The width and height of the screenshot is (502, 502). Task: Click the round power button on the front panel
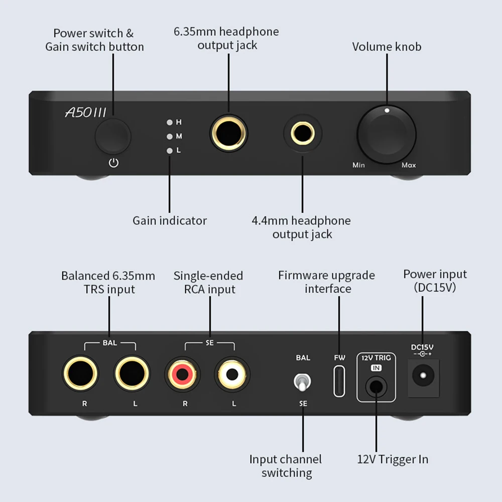[x=113, y=136]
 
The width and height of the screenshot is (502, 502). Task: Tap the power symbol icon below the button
[x=114, y=163]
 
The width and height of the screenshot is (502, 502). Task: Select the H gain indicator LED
[x=170, y=122]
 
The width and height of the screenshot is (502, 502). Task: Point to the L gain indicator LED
[x=170, y=150]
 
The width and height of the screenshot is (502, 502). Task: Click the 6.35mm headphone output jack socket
[x=228, y=133]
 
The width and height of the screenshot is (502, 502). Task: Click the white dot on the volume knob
[x=387, y=110]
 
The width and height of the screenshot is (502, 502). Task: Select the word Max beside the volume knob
[x=409, y=165]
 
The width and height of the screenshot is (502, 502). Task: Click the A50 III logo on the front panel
[x=86, y=112]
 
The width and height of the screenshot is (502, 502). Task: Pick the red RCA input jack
[x=183, y=374]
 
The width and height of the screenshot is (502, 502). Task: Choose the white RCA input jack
[x=232, y=374]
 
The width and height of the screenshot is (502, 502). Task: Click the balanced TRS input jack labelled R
[x=80, y=374]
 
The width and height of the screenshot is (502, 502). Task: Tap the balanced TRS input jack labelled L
[x=133, y=374]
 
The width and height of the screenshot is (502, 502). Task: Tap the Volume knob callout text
[x=387, y=47]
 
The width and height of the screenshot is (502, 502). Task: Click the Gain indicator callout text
[x=170, y=220]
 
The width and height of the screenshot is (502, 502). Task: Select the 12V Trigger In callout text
[x=393, y=459]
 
